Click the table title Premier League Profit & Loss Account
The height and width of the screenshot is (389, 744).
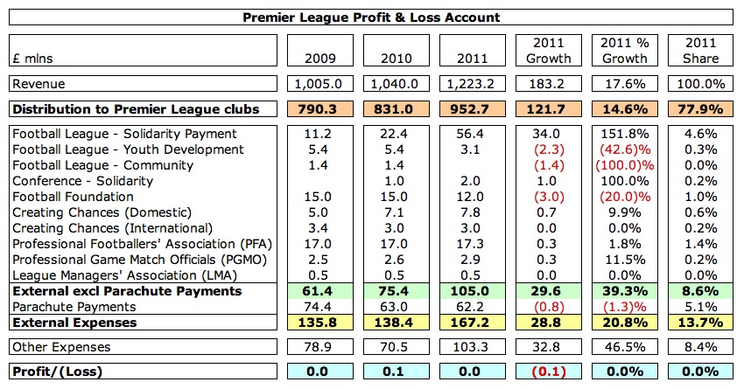(x=371, y=17)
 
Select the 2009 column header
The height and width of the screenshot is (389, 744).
(x=323, y=59)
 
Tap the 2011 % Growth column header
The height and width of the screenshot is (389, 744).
(x=624, y=51)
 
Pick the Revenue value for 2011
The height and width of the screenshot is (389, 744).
(x=474, y=84)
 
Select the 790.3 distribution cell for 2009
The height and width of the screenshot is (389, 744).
(x=323, y=110)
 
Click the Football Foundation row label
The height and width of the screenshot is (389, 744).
(x=69, y=197)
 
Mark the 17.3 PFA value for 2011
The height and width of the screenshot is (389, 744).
(x=474, y=244)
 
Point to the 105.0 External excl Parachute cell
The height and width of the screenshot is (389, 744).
(x=474, y=291)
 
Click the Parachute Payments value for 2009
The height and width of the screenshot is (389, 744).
(x=323, y=307)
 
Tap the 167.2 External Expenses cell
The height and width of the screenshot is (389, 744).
(x=474, y=323)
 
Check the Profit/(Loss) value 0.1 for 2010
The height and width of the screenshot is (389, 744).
(x=398, y=372)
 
